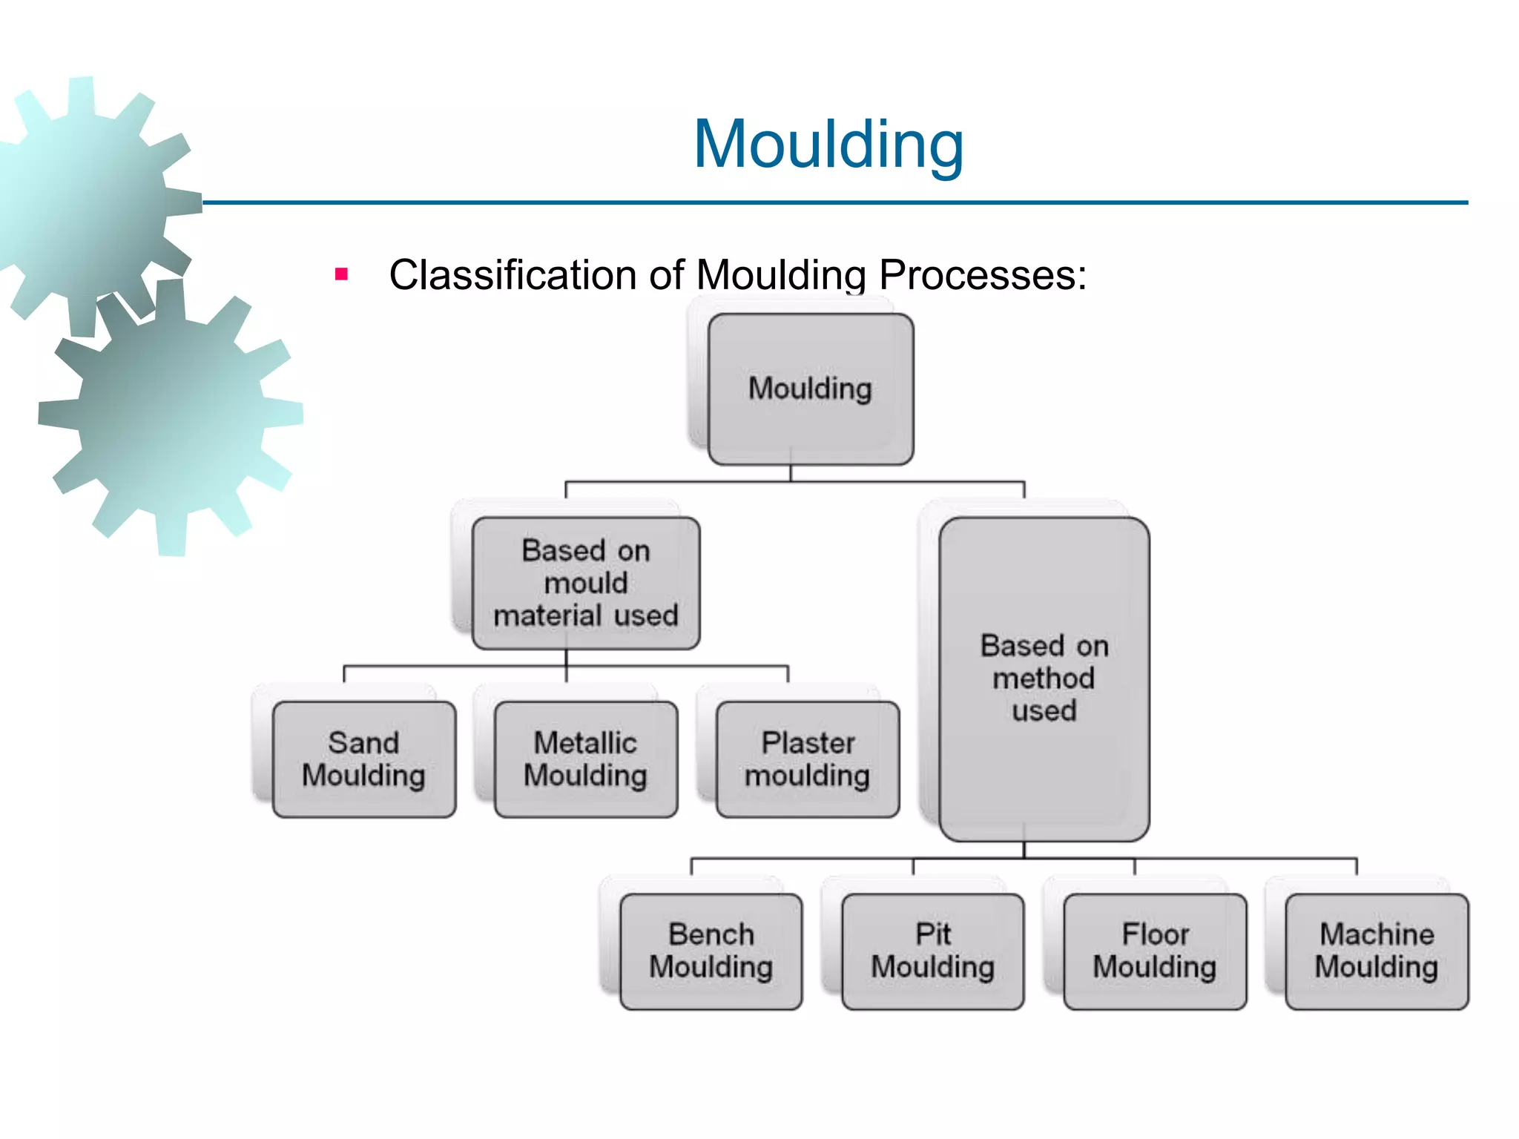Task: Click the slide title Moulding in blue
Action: click(x=828, y=145)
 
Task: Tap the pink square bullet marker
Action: click(x=341, y=275)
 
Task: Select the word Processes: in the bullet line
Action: click(x=983, y=275)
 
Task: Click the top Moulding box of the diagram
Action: click(x=810, y=389)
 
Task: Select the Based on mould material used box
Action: click(x=585, y=584)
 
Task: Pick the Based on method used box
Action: click(x=1044, y=679)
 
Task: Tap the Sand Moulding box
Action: click(x=363, y=759)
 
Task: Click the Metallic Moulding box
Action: click(x=585, y=759)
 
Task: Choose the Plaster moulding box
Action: click(x=808, y=759)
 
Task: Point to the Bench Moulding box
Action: click(x=711, y=951)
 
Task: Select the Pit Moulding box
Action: click(x=932, y=951)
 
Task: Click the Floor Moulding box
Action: click(x=1154, y=951)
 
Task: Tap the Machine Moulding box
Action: click(x=1377, y=951)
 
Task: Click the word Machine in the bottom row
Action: click(x=1377, y=934)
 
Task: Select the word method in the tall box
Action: click(x=1044, y=679)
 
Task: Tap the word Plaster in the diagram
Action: click(x=808, y=743)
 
